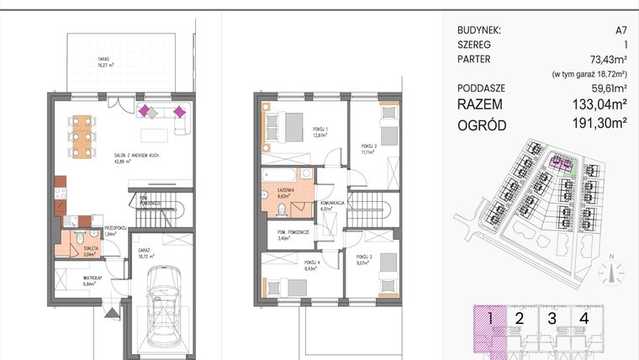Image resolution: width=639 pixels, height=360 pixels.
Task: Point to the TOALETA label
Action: [x=79, y=251]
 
